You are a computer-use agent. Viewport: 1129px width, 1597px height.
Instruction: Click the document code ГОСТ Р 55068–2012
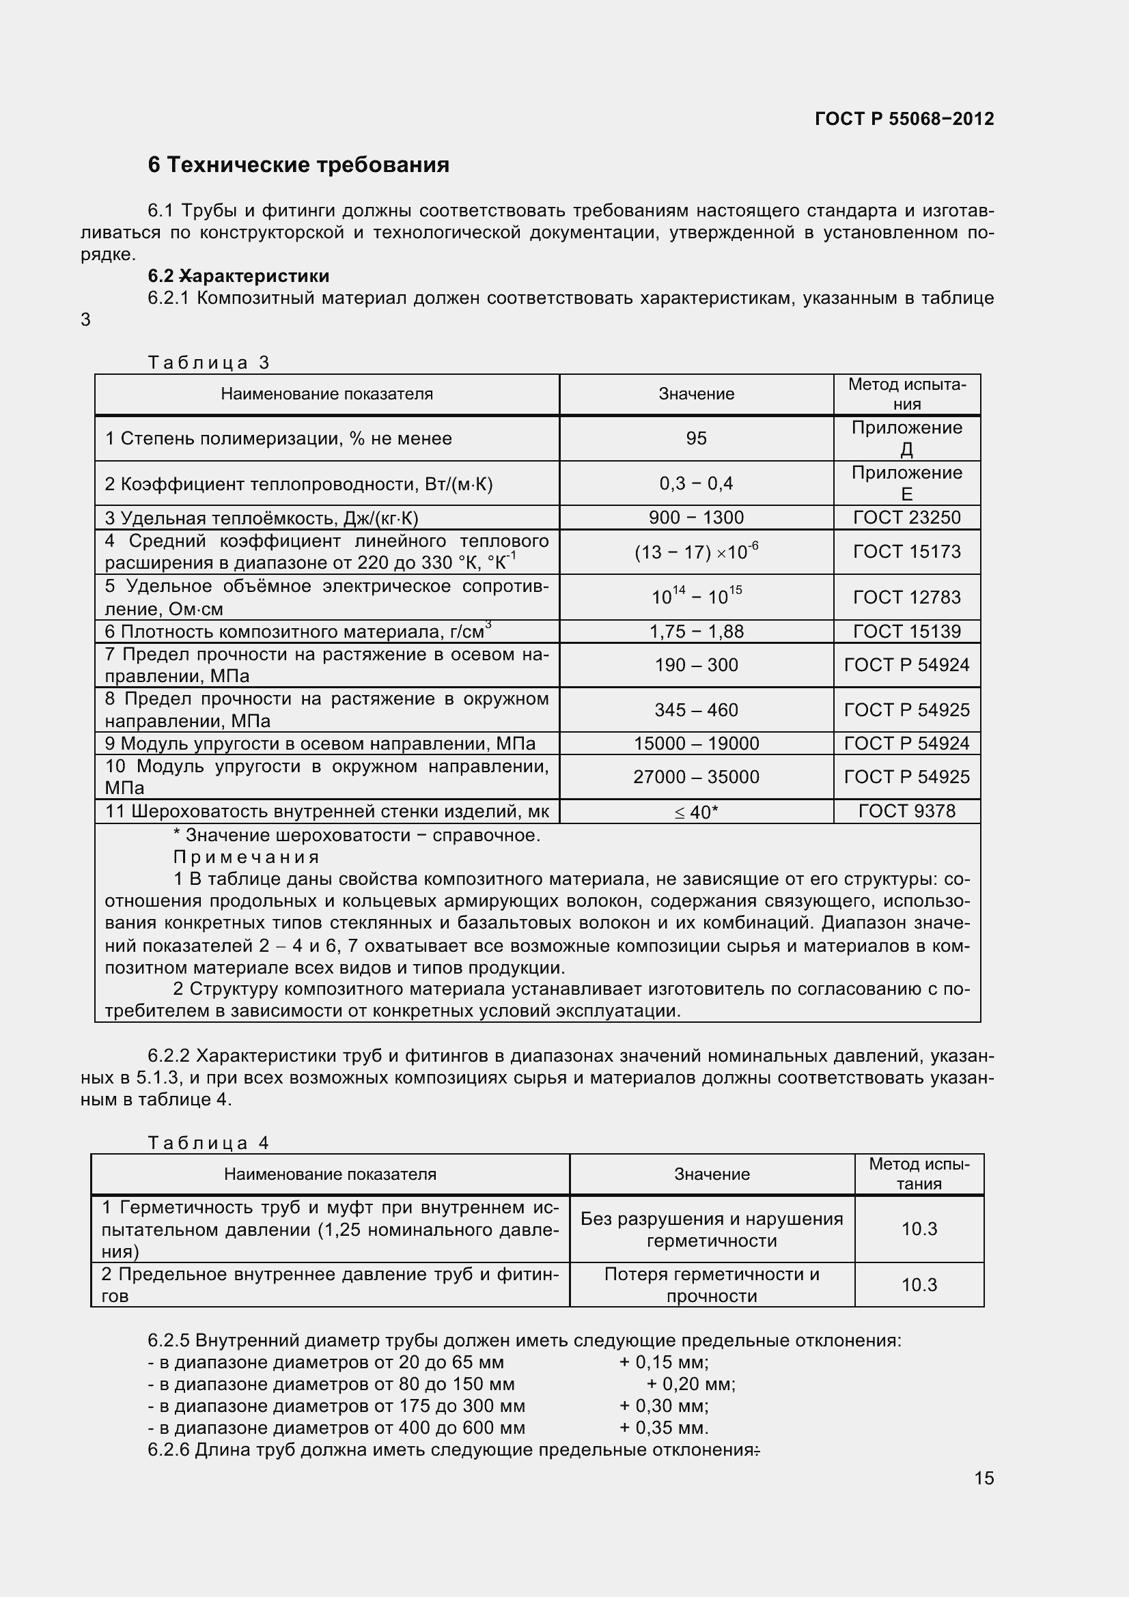[x=904, y=119]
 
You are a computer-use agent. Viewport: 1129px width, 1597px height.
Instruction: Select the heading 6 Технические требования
[x=298, y=165]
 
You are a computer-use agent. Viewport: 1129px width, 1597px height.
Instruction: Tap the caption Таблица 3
[x=209, y=363]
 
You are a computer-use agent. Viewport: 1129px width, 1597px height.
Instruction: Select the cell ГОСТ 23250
[x=906, y=518]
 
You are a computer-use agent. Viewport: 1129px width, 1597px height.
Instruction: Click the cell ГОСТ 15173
[x=906, y=552]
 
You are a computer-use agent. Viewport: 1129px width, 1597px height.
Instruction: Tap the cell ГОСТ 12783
[x=906, y=597]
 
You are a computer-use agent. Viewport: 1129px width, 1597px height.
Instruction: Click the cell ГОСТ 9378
[x=906, y=811]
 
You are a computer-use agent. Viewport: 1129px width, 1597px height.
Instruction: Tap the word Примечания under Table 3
[x=247, y=857]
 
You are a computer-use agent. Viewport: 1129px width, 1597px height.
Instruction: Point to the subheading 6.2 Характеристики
[x=238, y=276]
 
